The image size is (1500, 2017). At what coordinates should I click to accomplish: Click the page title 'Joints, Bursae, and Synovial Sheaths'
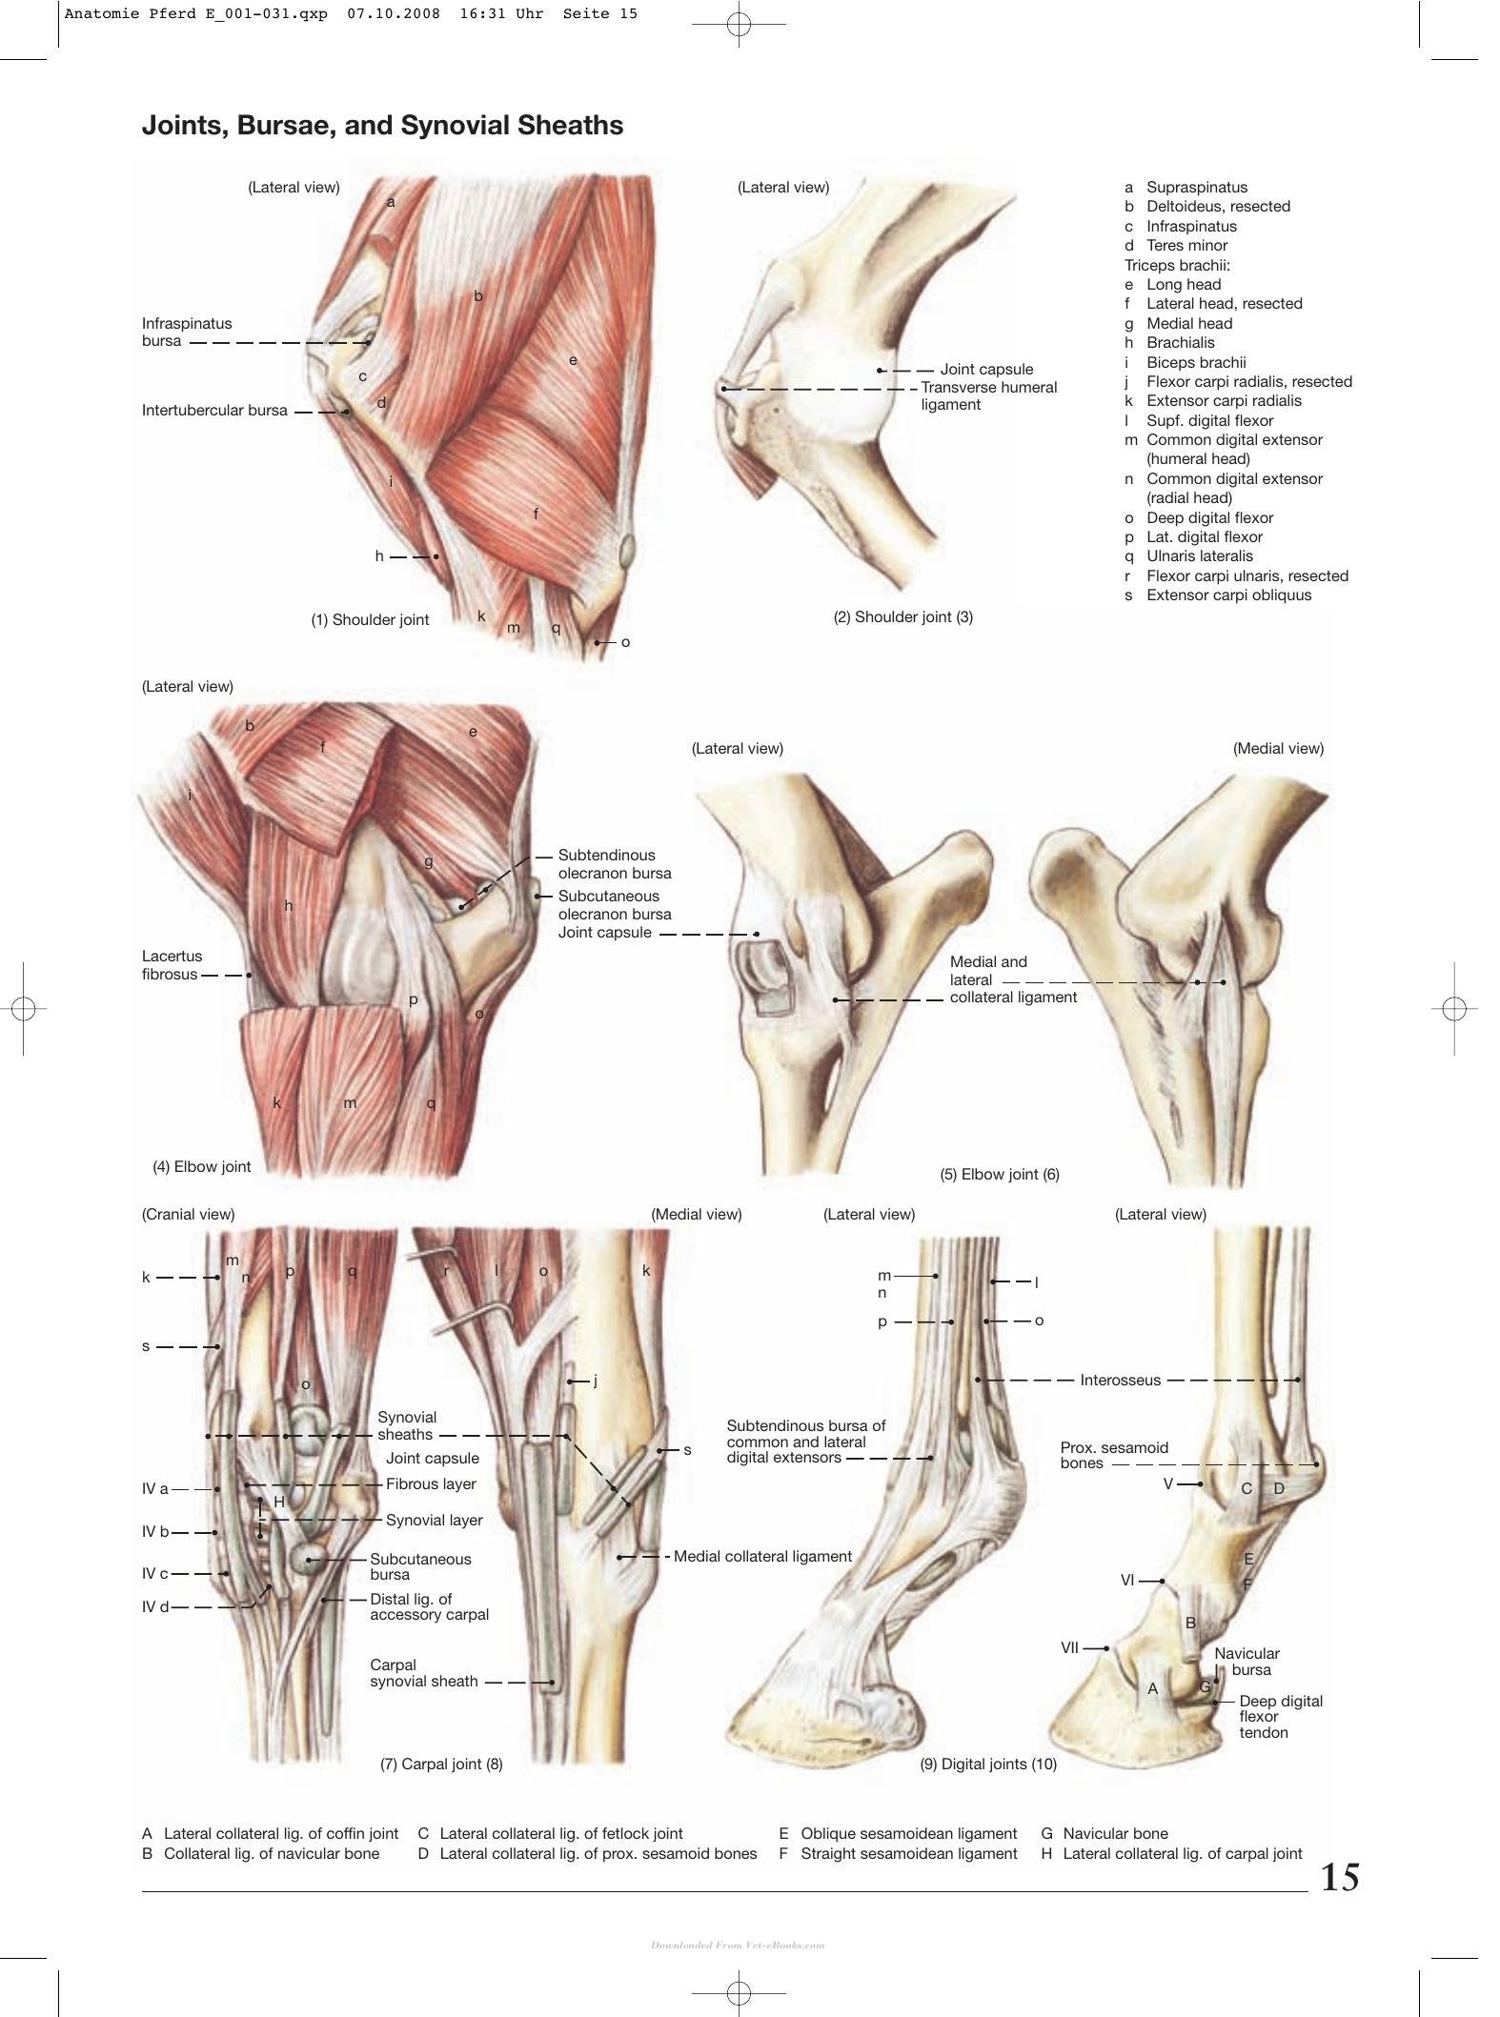point(382,126)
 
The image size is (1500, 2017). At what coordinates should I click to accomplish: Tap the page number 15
point(1339,1878)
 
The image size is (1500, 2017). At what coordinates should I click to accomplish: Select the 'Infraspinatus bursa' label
point(187,333)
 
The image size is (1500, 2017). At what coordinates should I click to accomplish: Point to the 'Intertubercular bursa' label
point(214,411)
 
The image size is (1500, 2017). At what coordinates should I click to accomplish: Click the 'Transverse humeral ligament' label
point(988,395)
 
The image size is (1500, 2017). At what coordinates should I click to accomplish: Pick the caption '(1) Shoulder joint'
point(370,620)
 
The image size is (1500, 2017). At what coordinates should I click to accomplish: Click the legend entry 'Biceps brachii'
point(1196,362)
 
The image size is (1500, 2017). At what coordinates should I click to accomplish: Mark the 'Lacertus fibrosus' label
point(172,965)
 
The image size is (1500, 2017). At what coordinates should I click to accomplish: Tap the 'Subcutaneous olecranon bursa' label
point(615,905)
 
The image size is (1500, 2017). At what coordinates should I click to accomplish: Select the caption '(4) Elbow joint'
point(202,1167)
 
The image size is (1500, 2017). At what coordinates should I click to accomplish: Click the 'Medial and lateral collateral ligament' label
point(1013,979)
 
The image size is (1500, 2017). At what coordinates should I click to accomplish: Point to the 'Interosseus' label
point(1121,1380)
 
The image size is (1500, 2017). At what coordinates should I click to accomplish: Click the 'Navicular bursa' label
point(1247,1662)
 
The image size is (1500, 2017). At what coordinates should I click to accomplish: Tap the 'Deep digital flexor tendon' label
point(1281,1717)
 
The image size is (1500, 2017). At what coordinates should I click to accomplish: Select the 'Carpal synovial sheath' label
point(424,1673)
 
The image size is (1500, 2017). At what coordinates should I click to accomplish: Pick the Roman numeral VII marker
point(1070,1647)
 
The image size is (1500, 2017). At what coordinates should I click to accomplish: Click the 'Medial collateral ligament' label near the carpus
point(762,1557)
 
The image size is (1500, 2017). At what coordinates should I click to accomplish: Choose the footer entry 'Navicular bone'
point(1115,1833)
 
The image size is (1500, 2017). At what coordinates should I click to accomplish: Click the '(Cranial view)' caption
point(188,1215)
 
